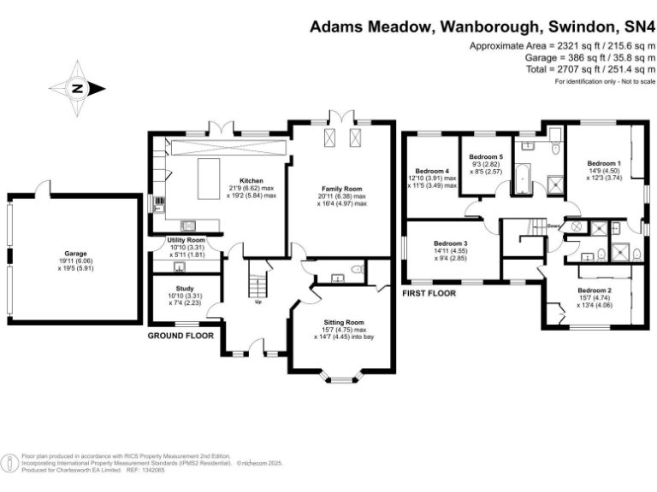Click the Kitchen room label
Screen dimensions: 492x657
click(x=251, y=181)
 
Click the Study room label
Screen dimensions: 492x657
click(x=185, y=289)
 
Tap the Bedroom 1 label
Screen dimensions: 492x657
click(x=603, y=162)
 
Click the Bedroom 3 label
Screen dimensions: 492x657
click(x=450, y=243)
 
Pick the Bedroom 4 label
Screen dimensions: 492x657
click(x=433, y=170)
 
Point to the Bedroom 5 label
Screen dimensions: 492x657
click(x=485, y=156)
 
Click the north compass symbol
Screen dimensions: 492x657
click(x=77, y=88)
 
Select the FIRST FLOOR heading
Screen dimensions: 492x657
click(x=429, y=292)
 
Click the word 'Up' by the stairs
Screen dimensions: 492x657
click(x=257, y=301)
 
